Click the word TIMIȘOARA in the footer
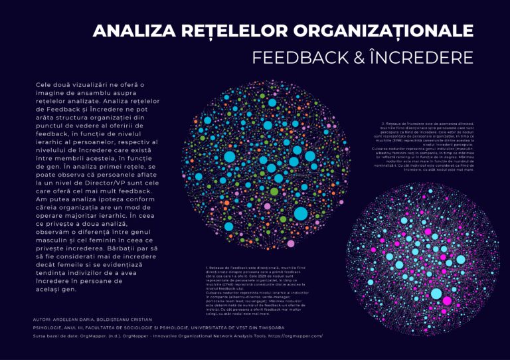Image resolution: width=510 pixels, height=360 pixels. pos(268,327)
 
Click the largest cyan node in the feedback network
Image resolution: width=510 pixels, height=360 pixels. pos(301,213)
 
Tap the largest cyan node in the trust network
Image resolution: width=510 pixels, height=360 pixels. pos(436,293)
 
